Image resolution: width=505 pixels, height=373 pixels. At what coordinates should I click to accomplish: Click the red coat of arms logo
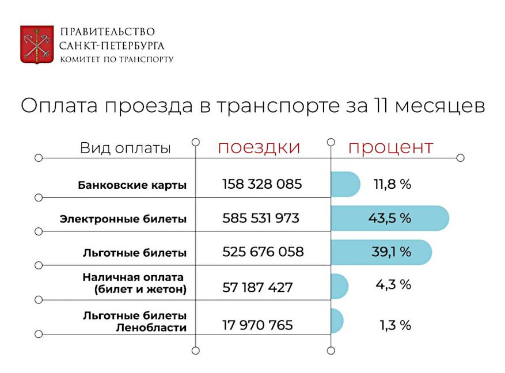pyautogui.click(x=37, y=44)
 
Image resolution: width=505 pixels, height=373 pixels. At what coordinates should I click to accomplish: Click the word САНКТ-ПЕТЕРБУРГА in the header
pyautogui.click(x=112, y=45)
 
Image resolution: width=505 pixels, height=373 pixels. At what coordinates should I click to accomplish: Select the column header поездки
pyautogui.click(x=259, y=147)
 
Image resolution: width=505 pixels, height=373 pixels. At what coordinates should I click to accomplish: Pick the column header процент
pyautogui.click(x=390, y=147)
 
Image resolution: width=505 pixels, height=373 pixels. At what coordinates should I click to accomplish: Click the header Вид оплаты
pyautogui.click(x=126, y=148)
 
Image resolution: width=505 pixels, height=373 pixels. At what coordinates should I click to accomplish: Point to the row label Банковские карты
pyautogui.click(x=132, y=185)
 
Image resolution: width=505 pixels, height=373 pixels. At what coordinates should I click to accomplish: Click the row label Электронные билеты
pyautogui.click(x=123, y=219)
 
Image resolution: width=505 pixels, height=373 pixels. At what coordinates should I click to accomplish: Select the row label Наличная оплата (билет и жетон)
pyautogui.click(x=135, y=283)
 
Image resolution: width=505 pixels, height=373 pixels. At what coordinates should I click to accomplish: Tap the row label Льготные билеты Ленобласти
pyautogui.click(x=135, y=322)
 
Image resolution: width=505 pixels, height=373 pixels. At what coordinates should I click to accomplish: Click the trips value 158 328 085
pyautogui.click(x=262, y=185)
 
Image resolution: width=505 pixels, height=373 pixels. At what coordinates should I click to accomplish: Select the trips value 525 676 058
pyautogui.click(x=263, y=252)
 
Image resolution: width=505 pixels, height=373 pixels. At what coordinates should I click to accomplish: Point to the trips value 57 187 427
pyautogui.click(x=257, y=287)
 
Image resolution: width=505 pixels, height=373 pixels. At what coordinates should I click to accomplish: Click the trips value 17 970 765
pyautogui.click(x=257, y=325)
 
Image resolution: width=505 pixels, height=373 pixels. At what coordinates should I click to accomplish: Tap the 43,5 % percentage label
pyautogui.click(x=389, y=219)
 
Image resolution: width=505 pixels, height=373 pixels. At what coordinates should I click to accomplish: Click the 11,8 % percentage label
pyautogui.click(x=392, y=185)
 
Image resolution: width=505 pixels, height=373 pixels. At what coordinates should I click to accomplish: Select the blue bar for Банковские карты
pyautogui.click(x=344, y=185)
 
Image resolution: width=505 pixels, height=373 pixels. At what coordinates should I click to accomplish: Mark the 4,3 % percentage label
pyautogui.click(x=394, y=284)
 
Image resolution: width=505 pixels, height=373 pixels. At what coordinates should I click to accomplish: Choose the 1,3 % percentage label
pyautogui.click(x=395, y=325)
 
